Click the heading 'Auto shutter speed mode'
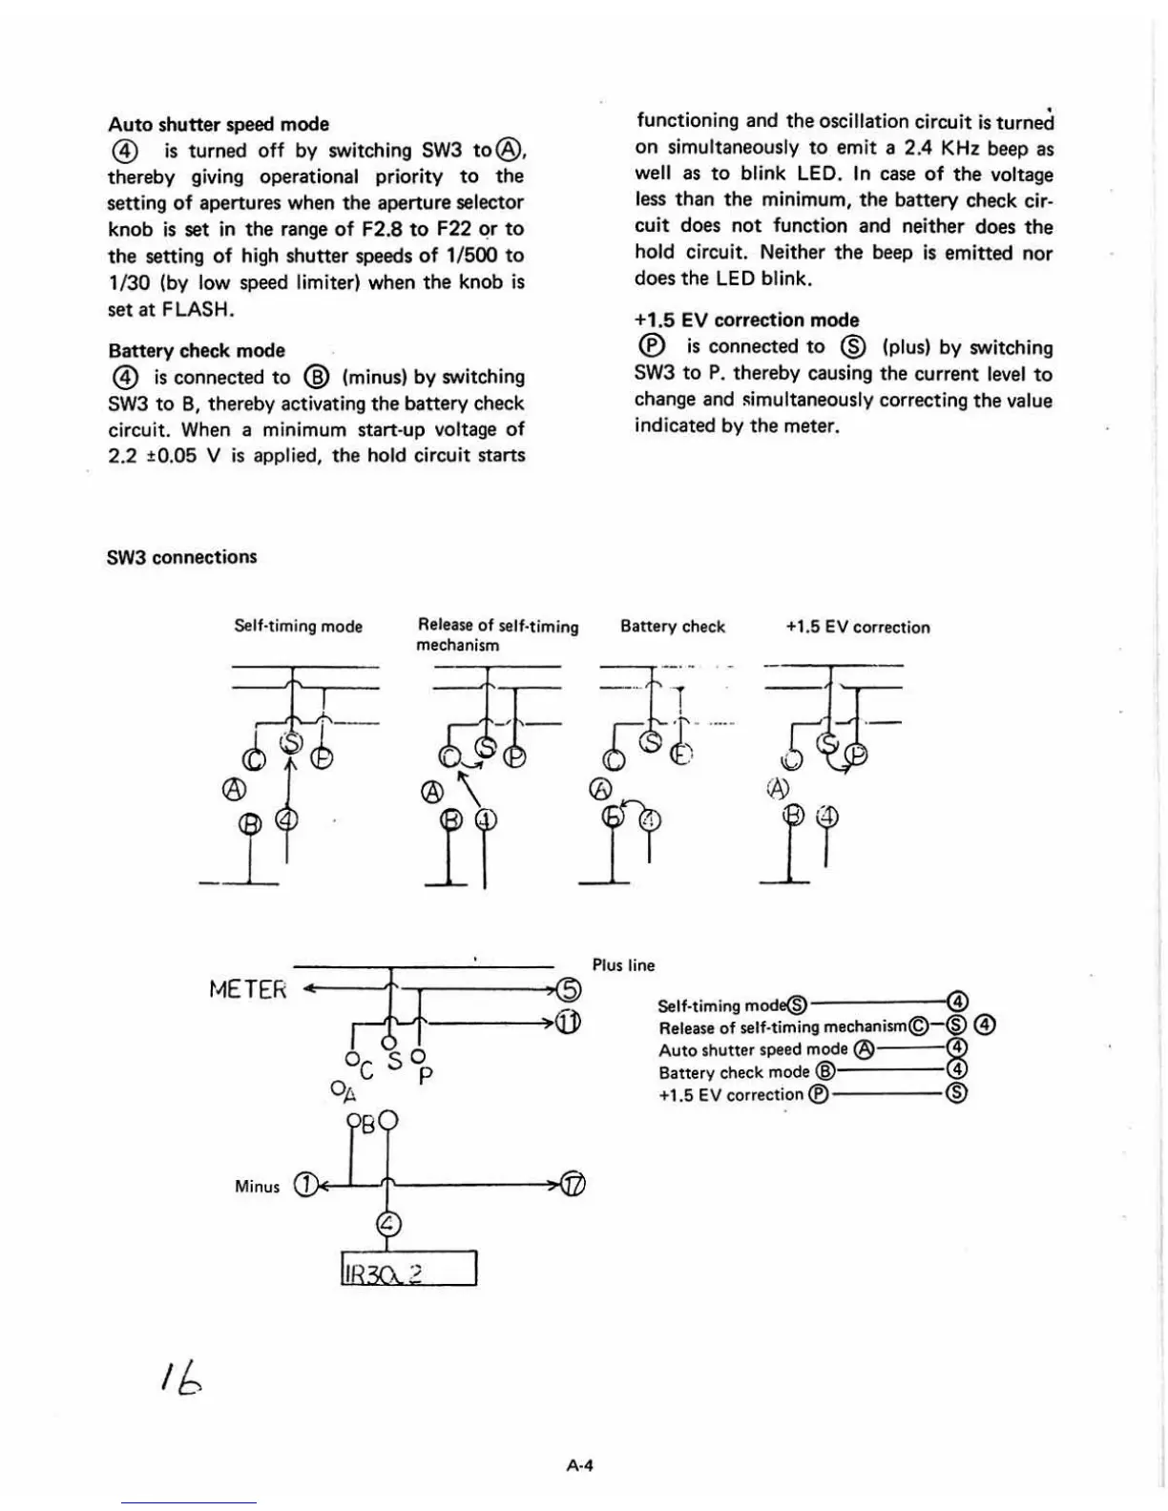[x=219, y=124]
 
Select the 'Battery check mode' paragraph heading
[x=197, y=350]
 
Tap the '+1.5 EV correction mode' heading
[x=746, y=321]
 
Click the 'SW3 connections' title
[x=182, y=557]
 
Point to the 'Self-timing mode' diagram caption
[x=299, y=627]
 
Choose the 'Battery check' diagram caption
[x=673, y=627]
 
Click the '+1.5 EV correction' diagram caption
[x=857, y=628]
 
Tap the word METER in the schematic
[x=248, y=989]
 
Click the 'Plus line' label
[x=623, y=965]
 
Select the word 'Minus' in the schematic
[x=258, y=1187]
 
